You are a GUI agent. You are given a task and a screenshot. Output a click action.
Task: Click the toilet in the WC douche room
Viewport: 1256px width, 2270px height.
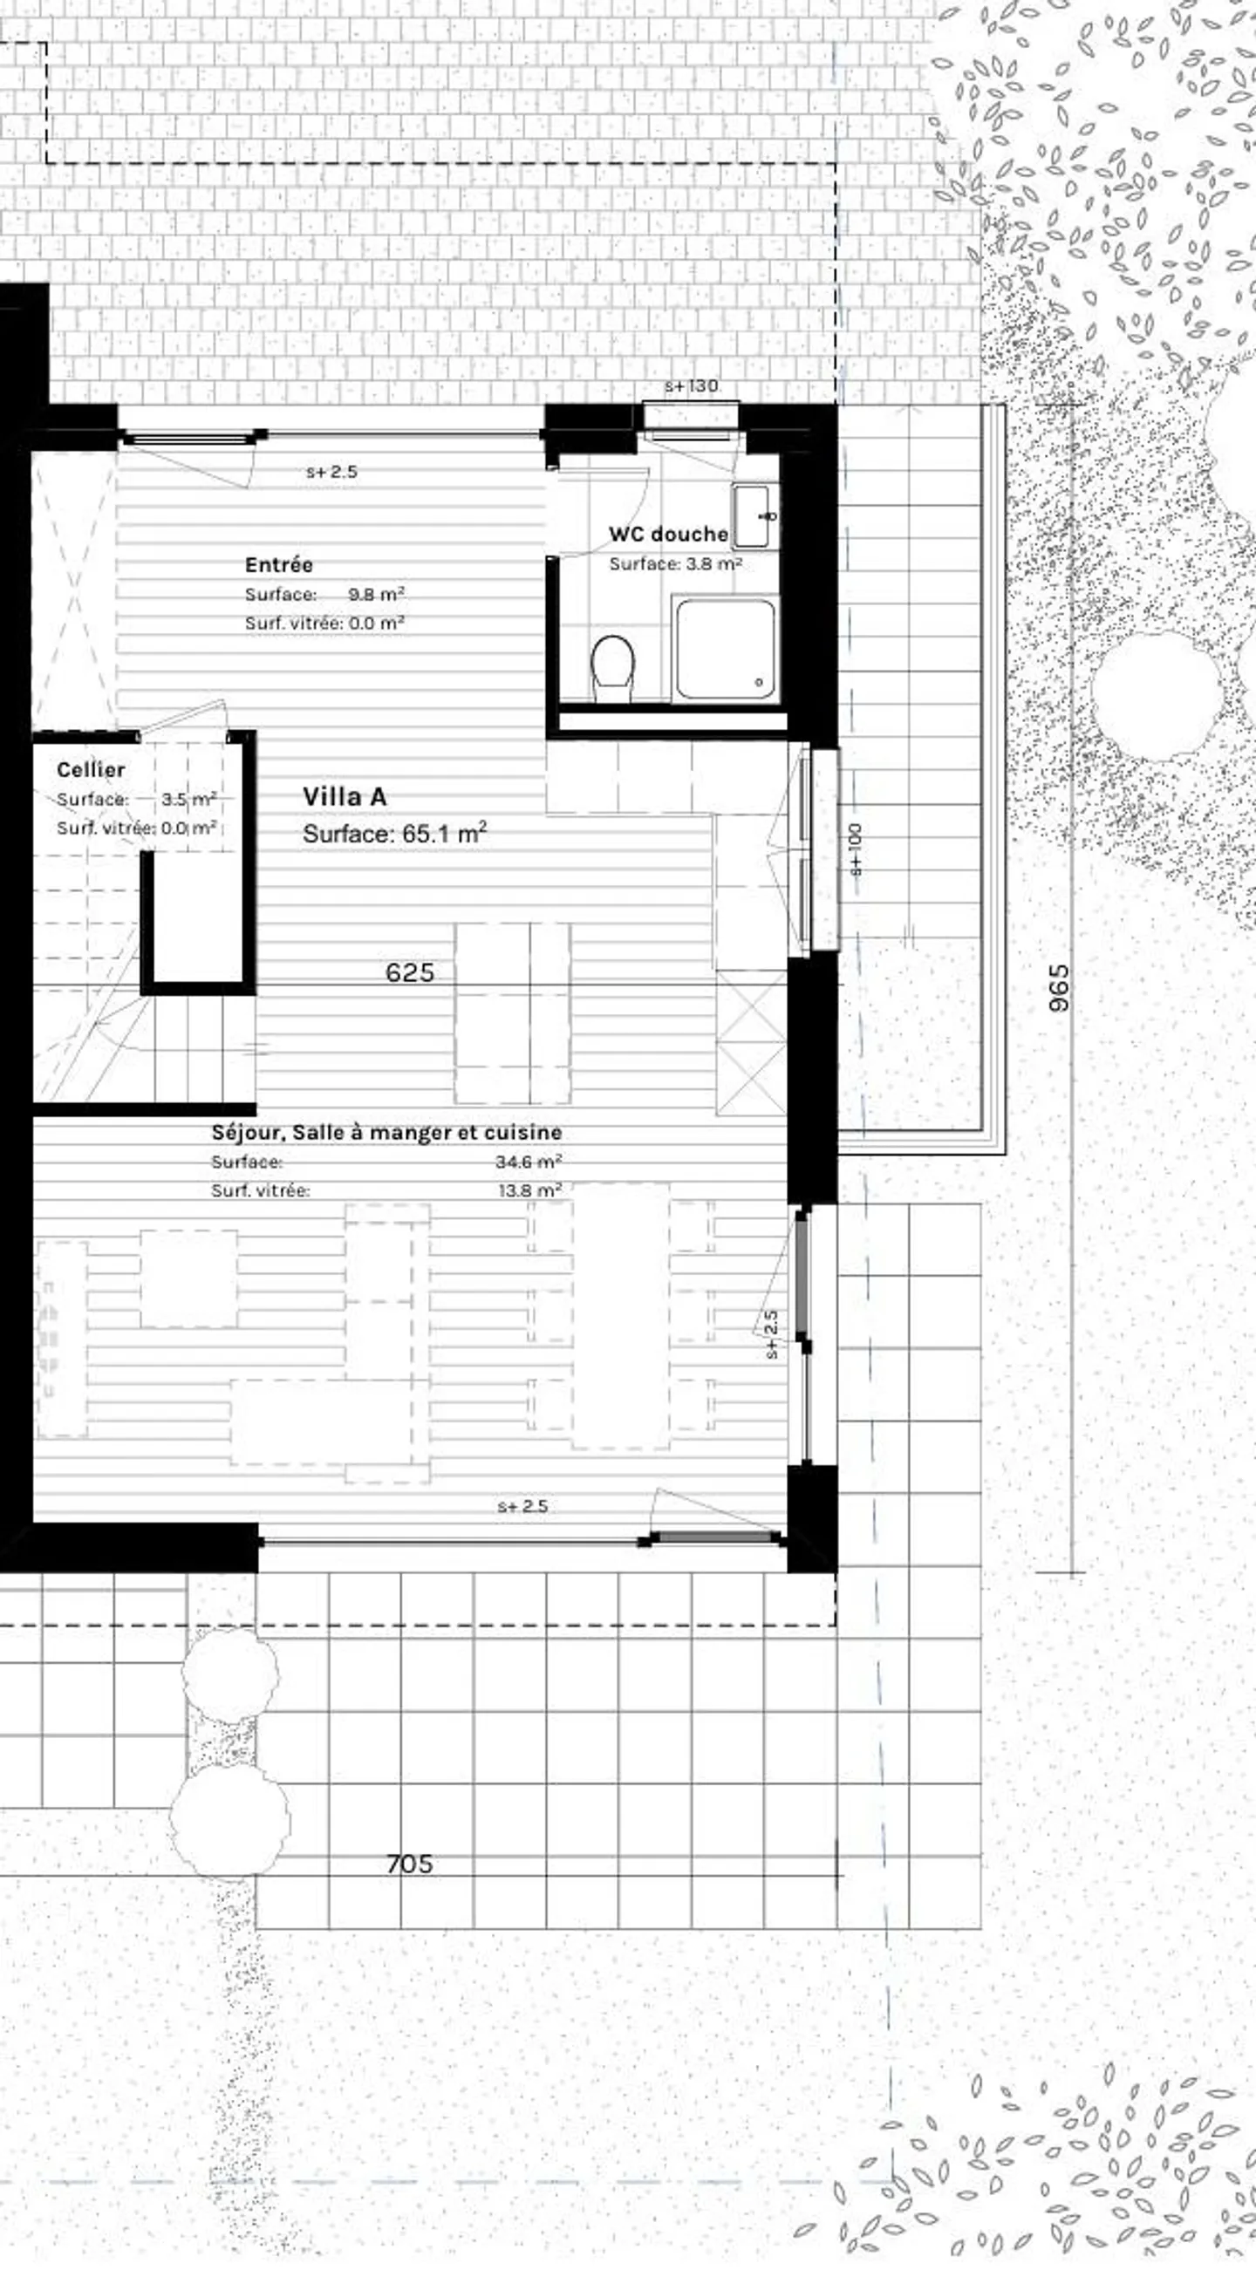pos(612,667)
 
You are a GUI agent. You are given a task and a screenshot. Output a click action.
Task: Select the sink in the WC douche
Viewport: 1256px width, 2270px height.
pos(755,516)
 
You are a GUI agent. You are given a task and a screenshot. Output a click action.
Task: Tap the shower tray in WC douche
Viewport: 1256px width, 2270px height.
pos(726,650)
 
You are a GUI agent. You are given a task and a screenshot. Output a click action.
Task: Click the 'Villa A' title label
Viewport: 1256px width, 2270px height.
pos(345,796)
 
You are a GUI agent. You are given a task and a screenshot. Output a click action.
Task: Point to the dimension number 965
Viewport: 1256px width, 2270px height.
pos(1060,987)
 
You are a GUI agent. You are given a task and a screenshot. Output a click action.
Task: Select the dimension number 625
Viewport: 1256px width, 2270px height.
pos(410,973)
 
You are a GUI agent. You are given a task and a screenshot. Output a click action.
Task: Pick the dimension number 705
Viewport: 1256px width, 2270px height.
pos(410,1864)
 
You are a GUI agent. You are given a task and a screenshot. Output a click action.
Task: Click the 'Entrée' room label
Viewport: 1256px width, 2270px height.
pos(278,565)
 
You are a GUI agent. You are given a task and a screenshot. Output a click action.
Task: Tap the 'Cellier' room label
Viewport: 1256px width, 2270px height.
pos(91,769)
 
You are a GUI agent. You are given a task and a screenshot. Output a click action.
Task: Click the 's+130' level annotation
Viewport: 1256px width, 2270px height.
pos(691,386)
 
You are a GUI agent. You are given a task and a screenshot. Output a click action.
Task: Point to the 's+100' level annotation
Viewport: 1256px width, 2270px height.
pos(856,849)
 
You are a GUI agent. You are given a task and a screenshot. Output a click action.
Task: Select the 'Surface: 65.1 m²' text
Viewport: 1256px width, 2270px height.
pos(394,834)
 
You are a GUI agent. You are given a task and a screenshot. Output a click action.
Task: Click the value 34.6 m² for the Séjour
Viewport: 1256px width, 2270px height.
pos(528,1162)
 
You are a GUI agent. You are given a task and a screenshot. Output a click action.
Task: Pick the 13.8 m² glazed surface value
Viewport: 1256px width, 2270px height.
pos(529,1190)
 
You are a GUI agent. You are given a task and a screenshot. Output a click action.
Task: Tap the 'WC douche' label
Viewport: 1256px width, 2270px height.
pos(668,534)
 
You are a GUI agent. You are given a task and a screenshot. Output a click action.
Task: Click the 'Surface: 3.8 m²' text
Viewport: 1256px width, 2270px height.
pos(675,564)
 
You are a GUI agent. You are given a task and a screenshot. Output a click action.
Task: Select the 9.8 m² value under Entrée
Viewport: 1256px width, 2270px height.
pos(375,594)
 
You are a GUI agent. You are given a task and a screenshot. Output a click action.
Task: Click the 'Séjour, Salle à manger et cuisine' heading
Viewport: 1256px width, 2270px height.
pos(386,1132)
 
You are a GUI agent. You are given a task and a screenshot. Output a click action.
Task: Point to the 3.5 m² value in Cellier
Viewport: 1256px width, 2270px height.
pos(188,800)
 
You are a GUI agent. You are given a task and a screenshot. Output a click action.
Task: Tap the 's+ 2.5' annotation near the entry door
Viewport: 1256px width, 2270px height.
pos(331,473)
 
